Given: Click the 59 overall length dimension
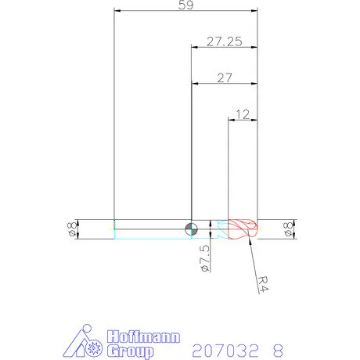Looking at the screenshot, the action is click(186, 5).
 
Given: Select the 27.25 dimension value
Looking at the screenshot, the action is click(225, 41).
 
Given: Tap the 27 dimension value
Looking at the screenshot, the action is click(225, 77).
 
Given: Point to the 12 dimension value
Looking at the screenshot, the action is click(243, 114).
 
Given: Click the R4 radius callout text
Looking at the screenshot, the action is click(263, 284).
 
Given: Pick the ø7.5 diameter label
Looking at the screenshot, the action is click(205, 258).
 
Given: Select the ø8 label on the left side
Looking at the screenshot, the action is click(72, 229).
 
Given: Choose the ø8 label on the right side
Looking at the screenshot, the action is click(289, 229).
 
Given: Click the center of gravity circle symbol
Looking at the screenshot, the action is click(191, 229).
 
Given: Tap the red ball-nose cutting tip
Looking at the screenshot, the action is click(243, 229).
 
